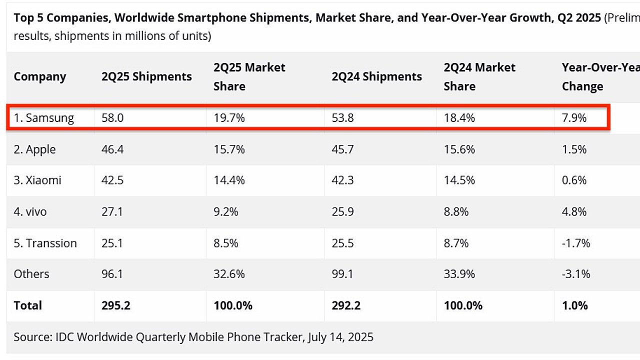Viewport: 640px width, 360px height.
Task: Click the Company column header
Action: click(x=40, y=76)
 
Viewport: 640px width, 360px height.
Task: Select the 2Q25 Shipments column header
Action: click(x=146, y=76)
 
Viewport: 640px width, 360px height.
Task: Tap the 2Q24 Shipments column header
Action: click(x=376, y=76)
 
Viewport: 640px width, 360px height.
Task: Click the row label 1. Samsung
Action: click(x=43, y=118)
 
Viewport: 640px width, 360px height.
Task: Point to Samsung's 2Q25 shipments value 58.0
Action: click(x=112, y=118)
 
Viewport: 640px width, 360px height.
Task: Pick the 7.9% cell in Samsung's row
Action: click(x=574, y=118)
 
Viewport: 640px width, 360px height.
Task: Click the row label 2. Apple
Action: click(x=34, y=149)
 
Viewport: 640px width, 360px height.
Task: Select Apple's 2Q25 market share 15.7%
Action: click(x=229, y=149)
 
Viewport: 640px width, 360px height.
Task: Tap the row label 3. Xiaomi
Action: click(x=37, y=180)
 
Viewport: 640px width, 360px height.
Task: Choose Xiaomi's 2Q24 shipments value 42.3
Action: click(x=342, y=180)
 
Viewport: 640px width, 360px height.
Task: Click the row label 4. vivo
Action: click(x=30, y=212)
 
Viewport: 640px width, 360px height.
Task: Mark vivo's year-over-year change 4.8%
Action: click(x=574, y=212)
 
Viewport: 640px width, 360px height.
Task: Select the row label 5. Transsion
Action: click(x=45, y=243)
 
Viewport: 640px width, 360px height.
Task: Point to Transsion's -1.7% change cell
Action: click(x=575, y=243)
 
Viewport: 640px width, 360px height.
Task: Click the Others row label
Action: click(x=31, y=274)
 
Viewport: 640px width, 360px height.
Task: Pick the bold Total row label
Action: click(x=28, y=305)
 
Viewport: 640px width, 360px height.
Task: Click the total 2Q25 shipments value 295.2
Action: click(x=116, y=305)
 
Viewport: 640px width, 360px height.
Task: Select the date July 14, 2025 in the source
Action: click(x=340, y=337)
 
